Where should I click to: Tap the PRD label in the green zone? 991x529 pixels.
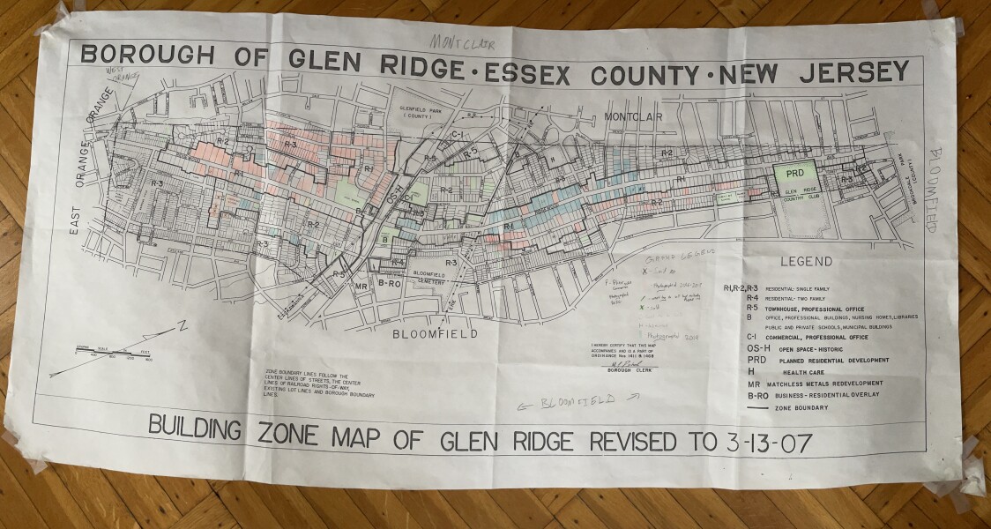click(x=794, y=174)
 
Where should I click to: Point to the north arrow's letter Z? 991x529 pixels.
click(x=181, y=327)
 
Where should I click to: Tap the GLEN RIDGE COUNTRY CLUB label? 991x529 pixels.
click(x=798, y=195)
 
